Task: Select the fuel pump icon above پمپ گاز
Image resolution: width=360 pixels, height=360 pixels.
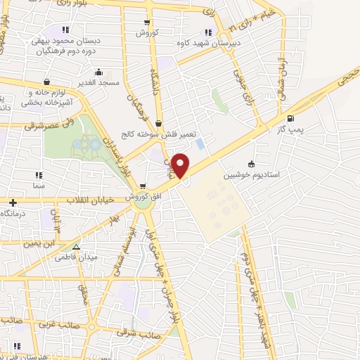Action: tap(291, 118)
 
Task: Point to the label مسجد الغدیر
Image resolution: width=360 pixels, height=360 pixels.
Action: tap(99, 82)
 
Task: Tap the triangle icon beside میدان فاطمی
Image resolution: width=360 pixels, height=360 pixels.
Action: tap(77, 247)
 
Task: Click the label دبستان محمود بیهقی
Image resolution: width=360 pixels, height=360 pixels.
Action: tap(66, 41)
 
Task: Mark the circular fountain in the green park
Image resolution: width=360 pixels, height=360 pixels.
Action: tap(89, 147)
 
